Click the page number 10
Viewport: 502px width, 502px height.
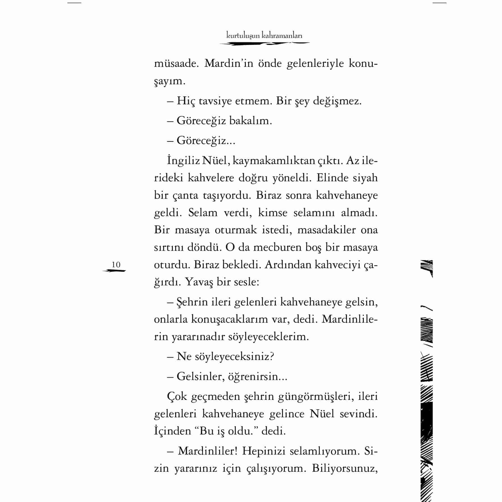coord(116,264)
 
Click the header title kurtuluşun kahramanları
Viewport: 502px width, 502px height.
coord(264,36)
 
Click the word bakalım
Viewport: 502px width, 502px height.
coord(250,121)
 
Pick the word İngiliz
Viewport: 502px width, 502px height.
coord(184,161)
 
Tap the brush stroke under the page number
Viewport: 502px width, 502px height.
coord(114,271)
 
